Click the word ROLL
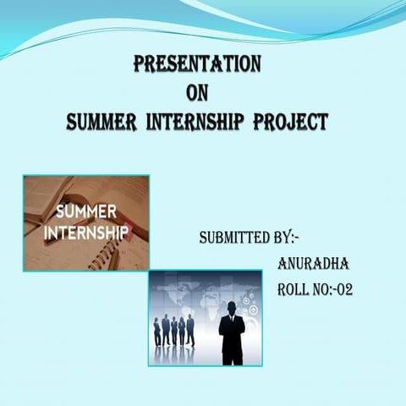tap(296, 290)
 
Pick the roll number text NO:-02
tap(335, 290)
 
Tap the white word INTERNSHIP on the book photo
tap(88, 230)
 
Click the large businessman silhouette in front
tap(232, 334)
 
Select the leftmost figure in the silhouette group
tap(157, 332)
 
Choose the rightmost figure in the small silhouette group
tap(190, 330)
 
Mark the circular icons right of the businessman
tap(250, 300)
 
